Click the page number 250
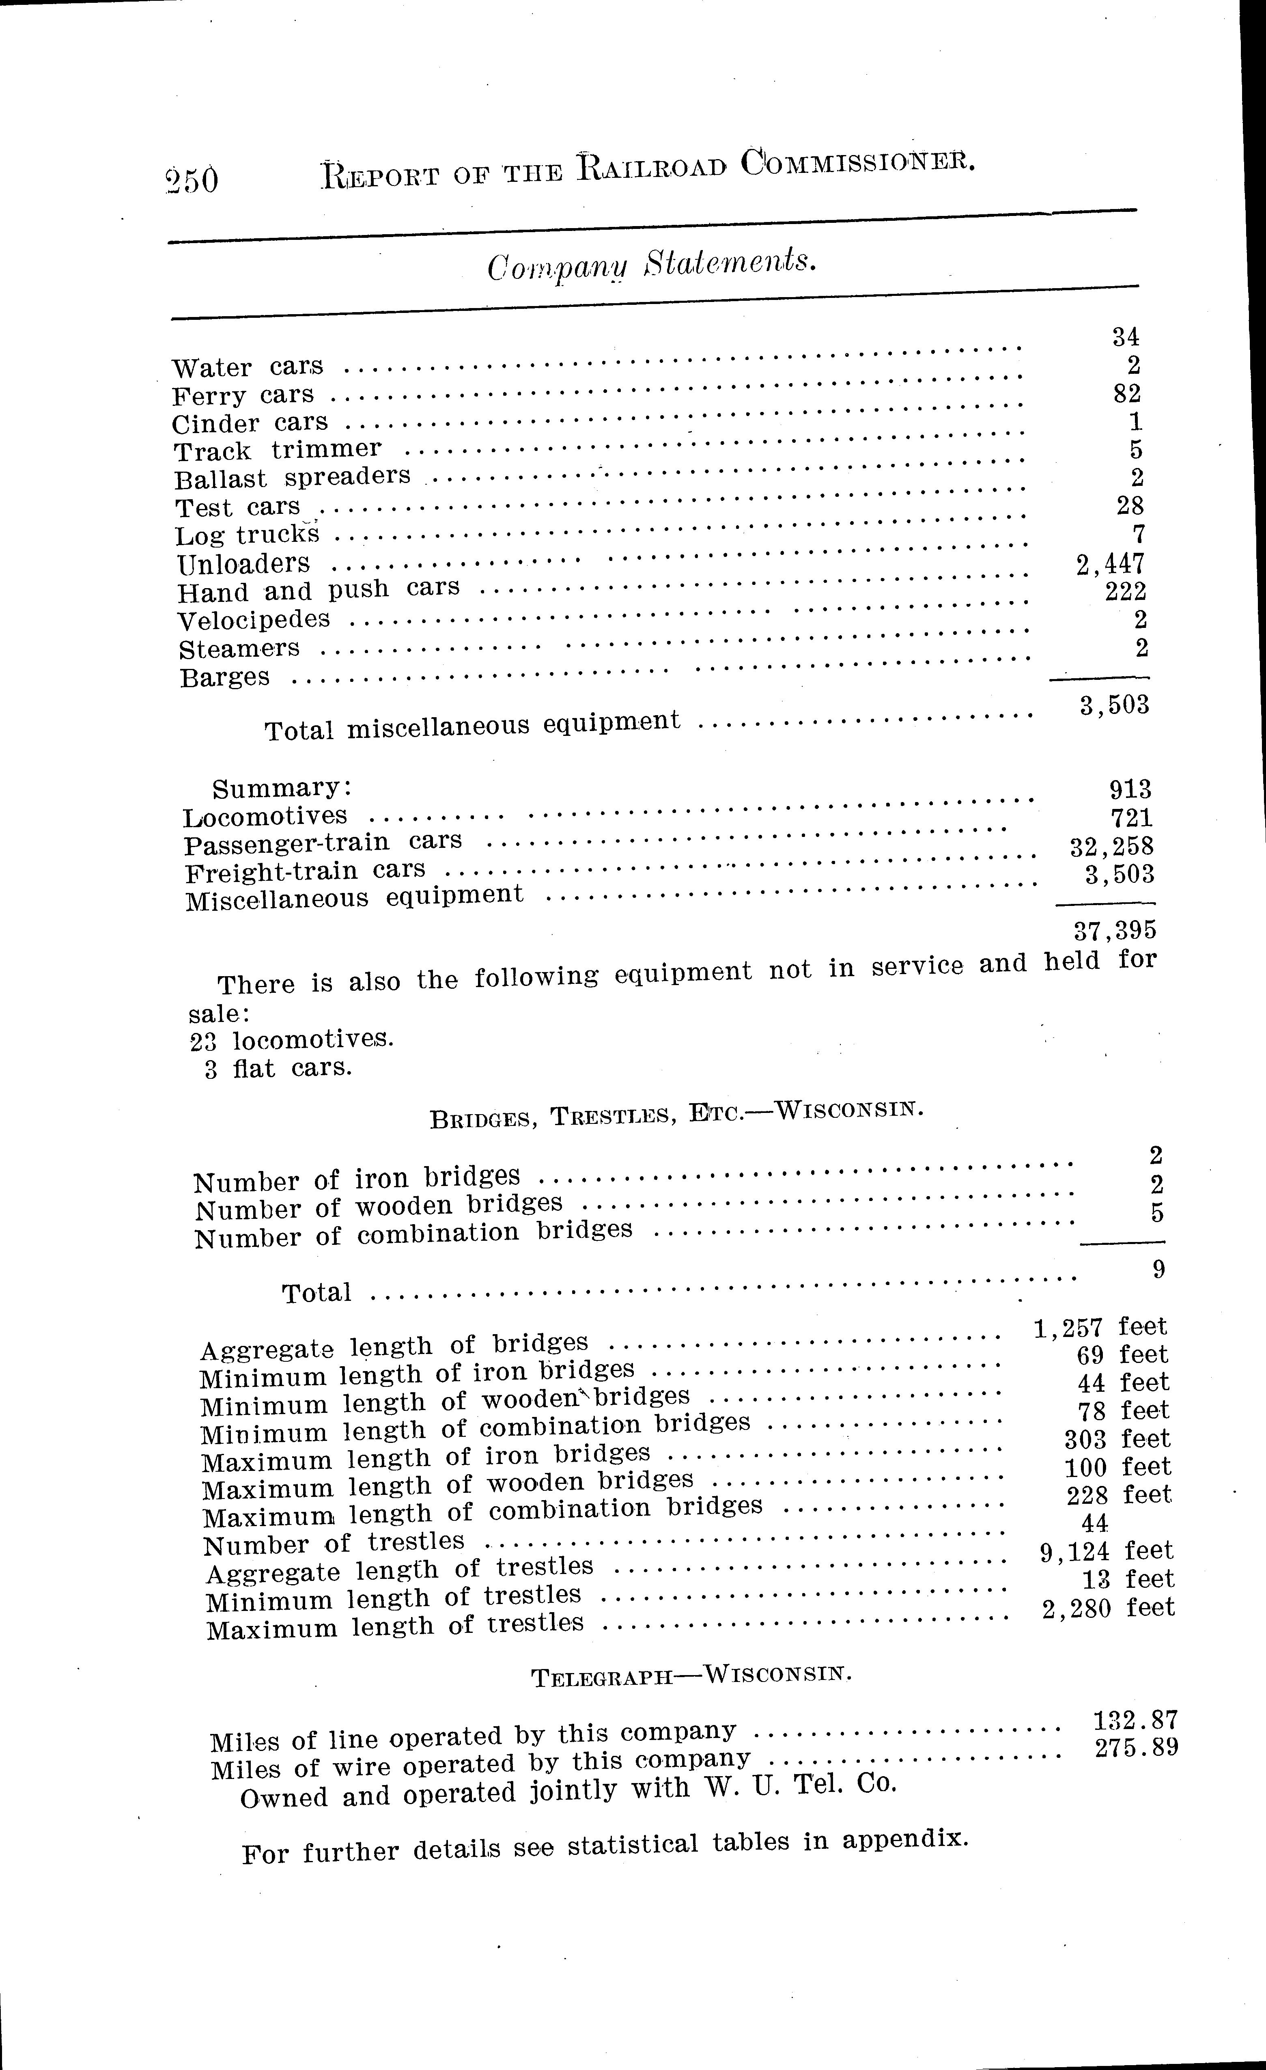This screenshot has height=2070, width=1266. pyautogui.click(x=192, y=179)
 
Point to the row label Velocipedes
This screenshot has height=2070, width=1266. pyautogui.click(x=254, y=621)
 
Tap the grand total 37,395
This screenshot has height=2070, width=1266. pyautogui.click(x=1115, y=930)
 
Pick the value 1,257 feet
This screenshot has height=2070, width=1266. pyautogui.click(x=1100, y=1327)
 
